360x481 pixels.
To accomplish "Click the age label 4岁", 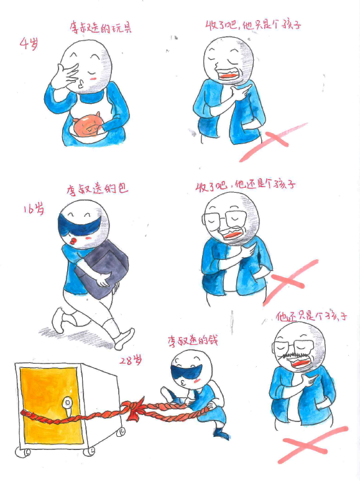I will click(29, 44).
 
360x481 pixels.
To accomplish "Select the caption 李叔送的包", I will click(97, 189).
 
